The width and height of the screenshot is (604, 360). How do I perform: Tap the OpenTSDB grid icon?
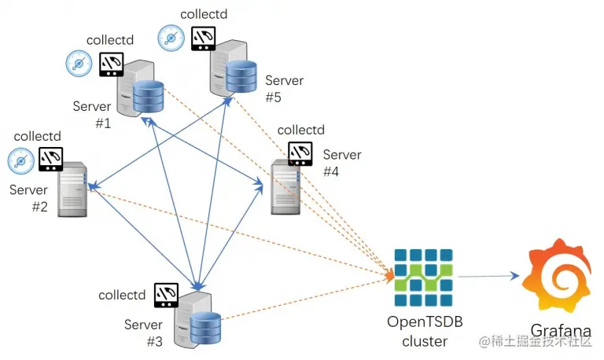[x=424, y=277]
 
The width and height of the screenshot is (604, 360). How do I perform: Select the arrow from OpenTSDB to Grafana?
[x=488, y=276]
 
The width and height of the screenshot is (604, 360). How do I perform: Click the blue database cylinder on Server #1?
[x=149, y=96]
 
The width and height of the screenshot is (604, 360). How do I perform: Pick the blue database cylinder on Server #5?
[x=241, y=76]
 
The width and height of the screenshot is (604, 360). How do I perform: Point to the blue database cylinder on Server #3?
[x=206, y=328]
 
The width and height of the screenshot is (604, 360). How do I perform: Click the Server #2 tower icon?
[x=72, y=189]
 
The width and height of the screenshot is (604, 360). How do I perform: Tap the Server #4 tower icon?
[x=285, y=187]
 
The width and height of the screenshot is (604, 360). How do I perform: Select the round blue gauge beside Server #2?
[x=21, y=161]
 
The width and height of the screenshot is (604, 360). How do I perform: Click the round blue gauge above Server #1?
[x=79, y=63]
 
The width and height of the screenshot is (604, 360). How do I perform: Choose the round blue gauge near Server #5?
[x=171, y=38]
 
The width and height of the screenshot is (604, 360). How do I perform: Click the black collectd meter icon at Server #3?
[x=166, y=295]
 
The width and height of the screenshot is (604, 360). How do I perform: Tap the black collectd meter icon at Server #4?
[x=300, y=153]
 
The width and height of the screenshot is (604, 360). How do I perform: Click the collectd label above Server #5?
[x=204, y=14]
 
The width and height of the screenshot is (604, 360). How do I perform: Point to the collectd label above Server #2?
[x=38, y=136]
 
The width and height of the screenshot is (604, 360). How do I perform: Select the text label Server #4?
[x=342, y=163]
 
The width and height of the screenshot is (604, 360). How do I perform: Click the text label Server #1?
[x=92, y=114]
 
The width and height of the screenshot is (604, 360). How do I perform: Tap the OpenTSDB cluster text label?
[x=425, y=331]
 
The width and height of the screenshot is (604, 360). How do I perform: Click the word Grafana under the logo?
[x=561, y=330]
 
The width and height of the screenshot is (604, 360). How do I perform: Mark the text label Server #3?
[x=143, y=332]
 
